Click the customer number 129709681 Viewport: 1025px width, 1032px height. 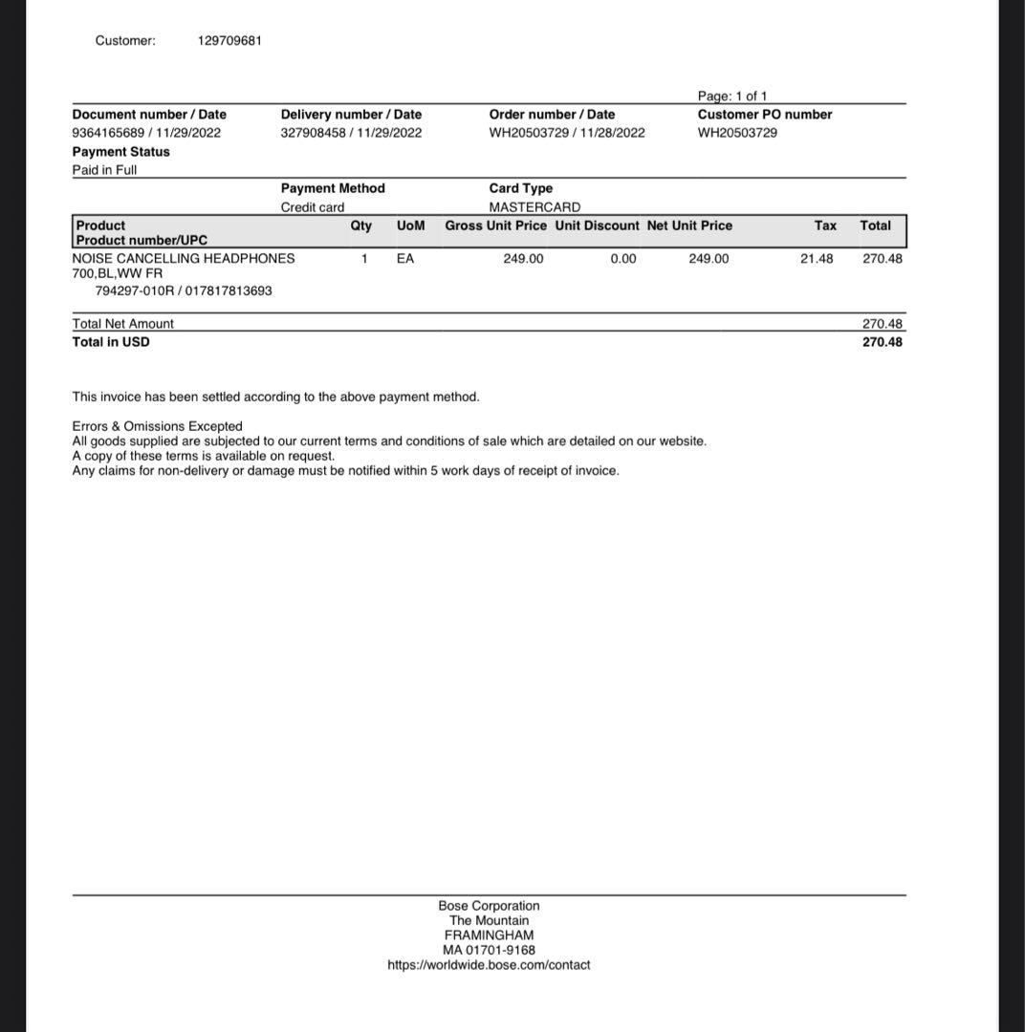229,40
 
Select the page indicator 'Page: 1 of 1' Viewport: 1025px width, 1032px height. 731,96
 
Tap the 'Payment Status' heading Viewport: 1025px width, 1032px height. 120,152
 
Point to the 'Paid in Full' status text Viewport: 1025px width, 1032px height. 104,170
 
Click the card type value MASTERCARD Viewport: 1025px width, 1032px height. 534,207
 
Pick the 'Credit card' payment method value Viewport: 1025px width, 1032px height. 313,207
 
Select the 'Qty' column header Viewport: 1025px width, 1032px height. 361,226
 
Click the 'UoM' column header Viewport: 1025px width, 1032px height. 410,226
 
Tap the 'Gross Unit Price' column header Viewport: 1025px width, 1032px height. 495,226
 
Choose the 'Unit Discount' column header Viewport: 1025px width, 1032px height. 597,226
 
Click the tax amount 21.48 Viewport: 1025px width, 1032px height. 816,259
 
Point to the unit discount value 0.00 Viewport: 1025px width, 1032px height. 622,259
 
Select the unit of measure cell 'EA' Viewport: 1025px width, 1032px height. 405,259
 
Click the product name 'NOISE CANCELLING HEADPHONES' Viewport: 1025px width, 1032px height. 184,259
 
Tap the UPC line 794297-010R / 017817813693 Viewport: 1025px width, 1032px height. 184,291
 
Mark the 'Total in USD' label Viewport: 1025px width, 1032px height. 111,342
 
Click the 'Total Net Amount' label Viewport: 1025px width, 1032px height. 123,324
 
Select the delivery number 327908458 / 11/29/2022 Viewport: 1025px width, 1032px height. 351,133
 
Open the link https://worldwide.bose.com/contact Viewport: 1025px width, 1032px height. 489,965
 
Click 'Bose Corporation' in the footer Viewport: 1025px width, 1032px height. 489,906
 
